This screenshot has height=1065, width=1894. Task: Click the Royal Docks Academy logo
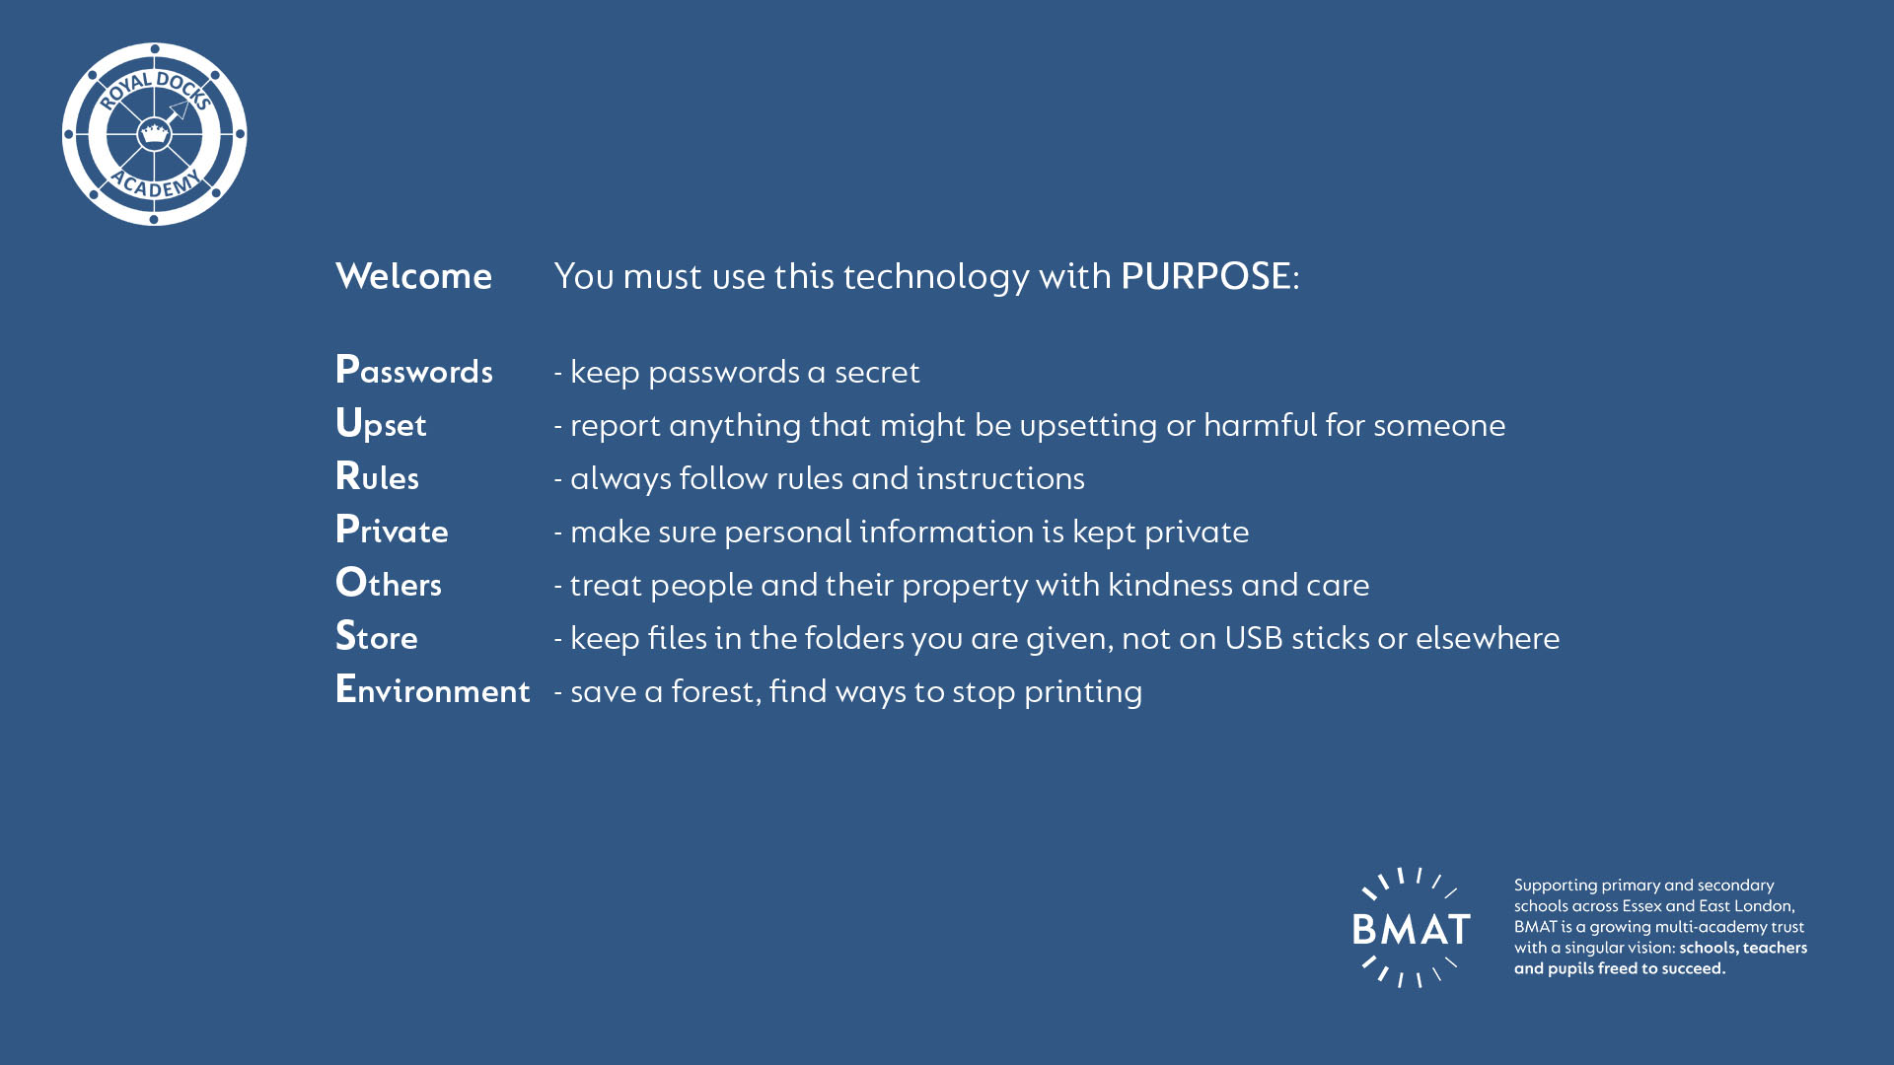click(x=154, y=134)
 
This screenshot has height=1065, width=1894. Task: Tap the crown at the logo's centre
click(x=154, y=133)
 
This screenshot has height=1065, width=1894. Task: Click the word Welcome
click(x=413, y=276)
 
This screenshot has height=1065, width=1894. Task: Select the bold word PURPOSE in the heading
click(x=1205, y=276)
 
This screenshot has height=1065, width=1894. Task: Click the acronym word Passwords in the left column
click(x=414, y=371)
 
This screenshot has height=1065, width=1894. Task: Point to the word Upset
click(x=381, y=425)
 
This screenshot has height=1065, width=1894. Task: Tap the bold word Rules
click(x=377, y=477)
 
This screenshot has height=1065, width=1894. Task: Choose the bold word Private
click(x=392, y=531)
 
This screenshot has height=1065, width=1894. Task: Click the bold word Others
click(x=389, y=584)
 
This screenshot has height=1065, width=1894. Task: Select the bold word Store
click(x=376, y=637)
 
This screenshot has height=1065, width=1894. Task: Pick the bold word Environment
click(x=433, y=690)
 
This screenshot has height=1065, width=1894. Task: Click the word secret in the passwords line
click(x=877, y=373)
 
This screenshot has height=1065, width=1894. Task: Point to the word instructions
click(x=1000, y=478)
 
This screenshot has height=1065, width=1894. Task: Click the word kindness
click(x=1170, y=585)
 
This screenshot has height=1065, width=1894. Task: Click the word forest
click(x=716, y=691)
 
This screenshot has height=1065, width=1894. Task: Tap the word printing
click(x=1083, y=692)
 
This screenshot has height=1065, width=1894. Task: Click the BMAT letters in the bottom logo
click(x=1412, y=929)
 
